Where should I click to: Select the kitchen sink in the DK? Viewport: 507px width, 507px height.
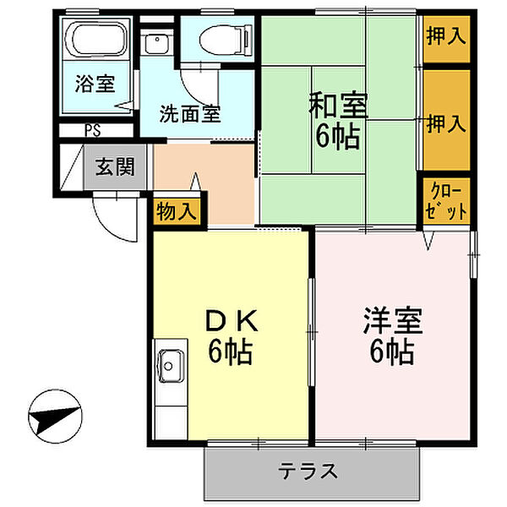(170, 366)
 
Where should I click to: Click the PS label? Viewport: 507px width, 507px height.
(91, 131)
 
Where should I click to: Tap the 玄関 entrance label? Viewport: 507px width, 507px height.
(114, 166)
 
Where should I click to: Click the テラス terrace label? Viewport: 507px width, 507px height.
(310, 470)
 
